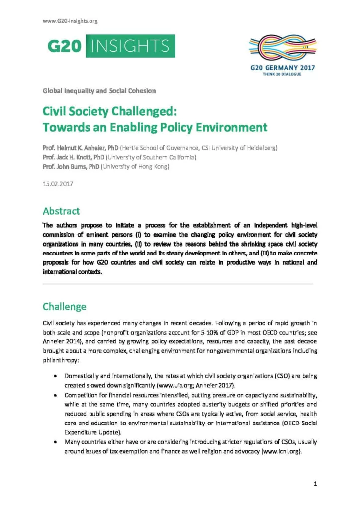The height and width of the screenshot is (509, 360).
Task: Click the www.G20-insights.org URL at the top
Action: [x=70, y=21]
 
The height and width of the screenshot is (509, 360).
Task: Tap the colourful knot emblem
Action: [x=281, y=47]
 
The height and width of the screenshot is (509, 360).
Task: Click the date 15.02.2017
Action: [x=58, y=184]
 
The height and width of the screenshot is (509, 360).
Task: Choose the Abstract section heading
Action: [x=61, y=211]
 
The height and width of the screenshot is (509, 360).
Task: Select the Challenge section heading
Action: [x=64, y=306]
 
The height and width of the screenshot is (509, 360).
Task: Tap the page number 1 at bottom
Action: [x=315, y=483]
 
